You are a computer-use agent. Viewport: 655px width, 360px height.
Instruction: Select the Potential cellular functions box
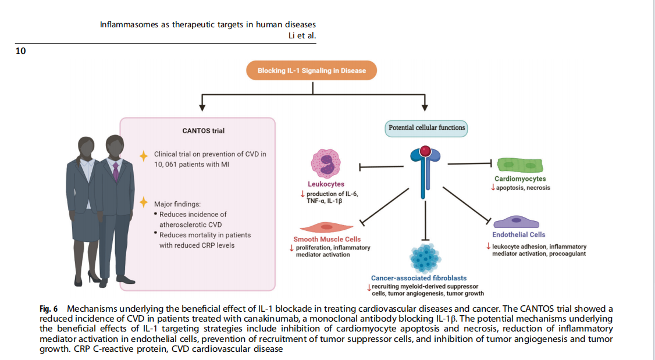point(426,128)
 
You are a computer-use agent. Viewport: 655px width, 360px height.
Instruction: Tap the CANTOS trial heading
point(204,131)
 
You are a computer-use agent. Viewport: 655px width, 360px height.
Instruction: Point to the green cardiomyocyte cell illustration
point(519,164)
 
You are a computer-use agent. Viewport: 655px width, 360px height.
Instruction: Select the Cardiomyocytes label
point(520,179)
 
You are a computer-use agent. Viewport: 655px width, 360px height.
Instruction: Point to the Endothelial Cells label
point(519,235)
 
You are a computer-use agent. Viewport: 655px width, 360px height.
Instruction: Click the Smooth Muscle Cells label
point(327,239)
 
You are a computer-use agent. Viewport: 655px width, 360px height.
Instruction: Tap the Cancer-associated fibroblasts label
point(419,278)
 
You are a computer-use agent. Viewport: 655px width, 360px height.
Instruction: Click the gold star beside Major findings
point(143,202)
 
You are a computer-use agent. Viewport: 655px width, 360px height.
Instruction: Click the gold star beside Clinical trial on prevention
point(143,155)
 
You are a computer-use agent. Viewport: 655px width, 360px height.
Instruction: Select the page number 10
point(20,52)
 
